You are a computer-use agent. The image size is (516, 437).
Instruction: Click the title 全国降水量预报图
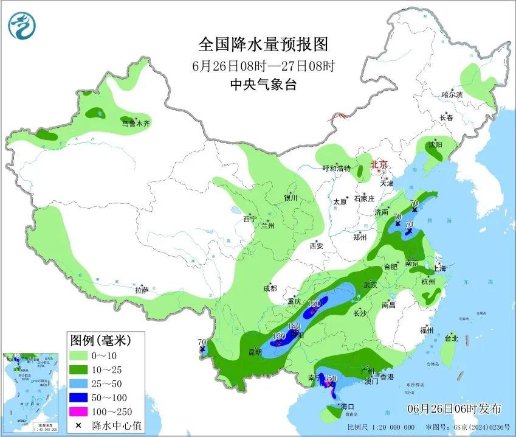263,44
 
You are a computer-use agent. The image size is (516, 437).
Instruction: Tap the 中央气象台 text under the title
263,85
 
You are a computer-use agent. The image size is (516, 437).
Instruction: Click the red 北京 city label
379,164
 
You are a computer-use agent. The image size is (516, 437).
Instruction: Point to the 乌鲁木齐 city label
135,124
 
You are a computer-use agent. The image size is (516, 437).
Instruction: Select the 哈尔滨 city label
452,94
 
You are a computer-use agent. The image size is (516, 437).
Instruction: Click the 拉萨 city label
142,290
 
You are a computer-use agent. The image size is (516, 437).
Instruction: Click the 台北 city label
451,338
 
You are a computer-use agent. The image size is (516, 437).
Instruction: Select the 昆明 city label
254,352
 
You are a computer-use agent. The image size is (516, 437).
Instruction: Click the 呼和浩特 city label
336,169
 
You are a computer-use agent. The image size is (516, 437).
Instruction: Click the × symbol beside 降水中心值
78,425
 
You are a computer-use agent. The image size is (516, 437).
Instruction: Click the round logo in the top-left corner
22,26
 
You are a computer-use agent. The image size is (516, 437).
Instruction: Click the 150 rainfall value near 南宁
330,379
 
